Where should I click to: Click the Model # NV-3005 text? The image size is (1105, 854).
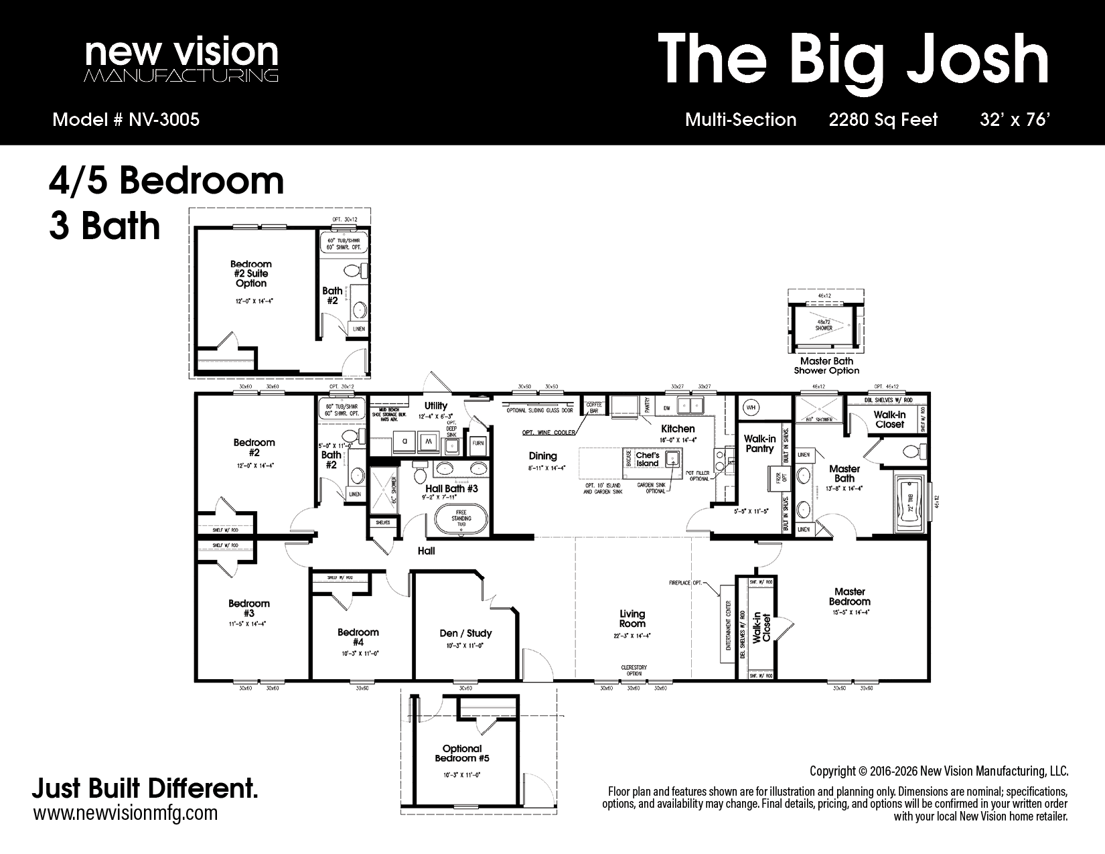126,120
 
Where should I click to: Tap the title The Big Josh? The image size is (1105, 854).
853,60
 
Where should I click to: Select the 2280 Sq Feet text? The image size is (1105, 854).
883,120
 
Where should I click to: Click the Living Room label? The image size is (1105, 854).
632,618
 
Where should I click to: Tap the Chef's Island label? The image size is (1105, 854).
647,459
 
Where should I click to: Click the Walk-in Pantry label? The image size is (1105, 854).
759,444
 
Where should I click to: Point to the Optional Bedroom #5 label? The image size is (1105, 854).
462,754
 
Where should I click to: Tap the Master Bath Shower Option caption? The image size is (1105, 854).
826,366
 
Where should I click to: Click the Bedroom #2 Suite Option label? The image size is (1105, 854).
251,273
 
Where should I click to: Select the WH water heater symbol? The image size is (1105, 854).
751,407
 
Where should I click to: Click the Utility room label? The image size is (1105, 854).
435,406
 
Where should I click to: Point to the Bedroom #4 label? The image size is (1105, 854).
358,637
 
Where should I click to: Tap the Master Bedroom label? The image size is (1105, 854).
849,596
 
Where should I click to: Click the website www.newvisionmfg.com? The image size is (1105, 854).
125,813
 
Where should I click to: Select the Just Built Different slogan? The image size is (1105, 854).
145,788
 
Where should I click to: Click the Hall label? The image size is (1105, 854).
426,551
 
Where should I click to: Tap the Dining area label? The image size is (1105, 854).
542,456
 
